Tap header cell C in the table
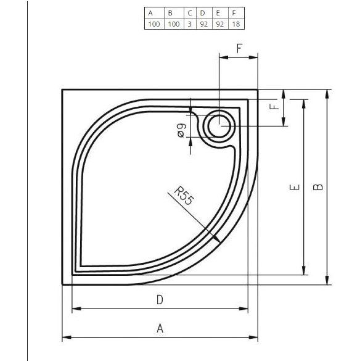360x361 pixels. pyautogui.click(x=190, y=12)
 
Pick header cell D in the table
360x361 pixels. pyautogui.click(x=202, y=12)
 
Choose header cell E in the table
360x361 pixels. pyautogui.click(x=218, y=12)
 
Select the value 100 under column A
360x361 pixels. pyautogui.click(x=153, y=24)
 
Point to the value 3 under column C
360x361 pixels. pyautogui.click(x=190, y=24)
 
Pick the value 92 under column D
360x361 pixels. pyautogui.click(x=202, y=24)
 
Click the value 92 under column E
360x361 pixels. pyautogui.click(x=218, y=24)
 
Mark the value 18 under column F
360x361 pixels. pyautogui.click(x=235, y=24)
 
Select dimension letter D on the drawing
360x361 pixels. pyautogui.click(x=159, y=300)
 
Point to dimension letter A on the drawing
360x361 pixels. pyautogui.click(x=160, y=328)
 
